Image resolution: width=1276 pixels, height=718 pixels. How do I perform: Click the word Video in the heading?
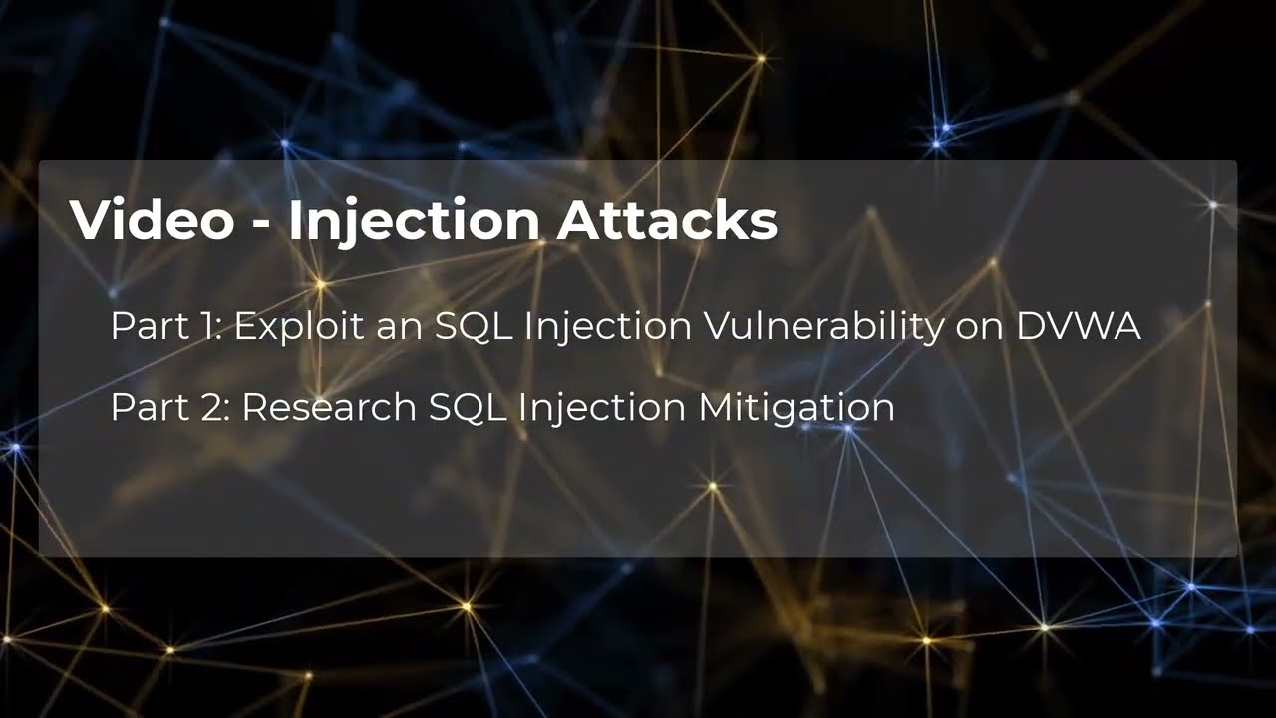(151, 220)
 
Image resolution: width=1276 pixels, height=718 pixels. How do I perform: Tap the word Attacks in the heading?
(667, 220)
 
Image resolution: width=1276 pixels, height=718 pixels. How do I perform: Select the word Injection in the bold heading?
(415, 222)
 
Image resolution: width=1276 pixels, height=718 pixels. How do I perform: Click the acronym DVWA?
(1079, 326)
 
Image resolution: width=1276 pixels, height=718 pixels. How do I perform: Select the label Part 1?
(167, 326)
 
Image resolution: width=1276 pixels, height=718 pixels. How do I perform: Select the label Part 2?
(170, 407)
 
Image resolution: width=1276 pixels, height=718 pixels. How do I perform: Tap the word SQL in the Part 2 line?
(465, 407)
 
